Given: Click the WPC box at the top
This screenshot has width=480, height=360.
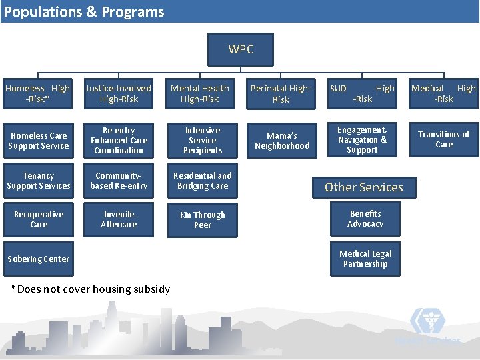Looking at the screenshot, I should coord(241,49).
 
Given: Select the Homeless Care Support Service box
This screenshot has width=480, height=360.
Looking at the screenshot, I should coord(39,141).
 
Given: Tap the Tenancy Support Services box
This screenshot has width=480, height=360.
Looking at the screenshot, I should coord(39,181).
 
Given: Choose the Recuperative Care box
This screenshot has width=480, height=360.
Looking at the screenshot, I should coord(39,220).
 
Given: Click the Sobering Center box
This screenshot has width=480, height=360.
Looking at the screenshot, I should coord(39,259).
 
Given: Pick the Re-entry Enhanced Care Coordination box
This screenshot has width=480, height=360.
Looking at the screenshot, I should coord(119,141).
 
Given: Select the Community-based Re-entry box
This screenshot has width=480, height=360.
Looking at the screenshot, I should coord(119,181).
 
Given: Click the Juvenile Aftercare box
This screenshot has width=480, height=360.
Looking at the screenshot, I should coord(119,220).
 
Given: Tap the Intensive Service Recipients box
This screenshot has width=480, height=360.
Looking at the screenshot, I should coord(203,141).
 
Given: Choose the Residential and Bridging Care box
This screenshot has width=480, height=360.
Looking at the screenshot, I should coord(203,181).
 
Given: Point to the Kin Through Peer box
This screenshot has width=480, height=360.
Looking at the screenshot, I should coord(203,221).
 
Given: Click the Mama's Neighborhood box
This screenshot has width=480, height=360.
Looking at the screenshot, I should coord(282,141).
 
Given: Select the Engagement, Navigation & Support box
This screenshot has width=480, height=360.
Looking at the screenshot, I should coord(362,140).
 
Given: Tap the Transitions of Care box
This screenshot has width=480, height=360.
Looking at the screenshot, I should coord(443,139).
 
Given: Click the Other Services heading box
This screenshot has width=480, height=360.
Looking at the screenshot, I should coord(364,187).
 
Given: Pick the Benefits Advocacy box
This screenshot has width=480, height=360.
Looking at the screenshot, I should coord(365,219).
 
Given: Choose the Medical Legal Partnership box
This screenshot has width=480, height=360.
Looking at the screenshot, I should coord(365,259).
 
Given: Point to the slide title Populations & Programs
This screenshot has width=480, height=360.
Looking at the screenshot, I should coord(84,12).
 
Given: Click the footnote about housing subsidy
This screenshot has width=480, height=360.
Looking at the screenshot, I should coord(91,289).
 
